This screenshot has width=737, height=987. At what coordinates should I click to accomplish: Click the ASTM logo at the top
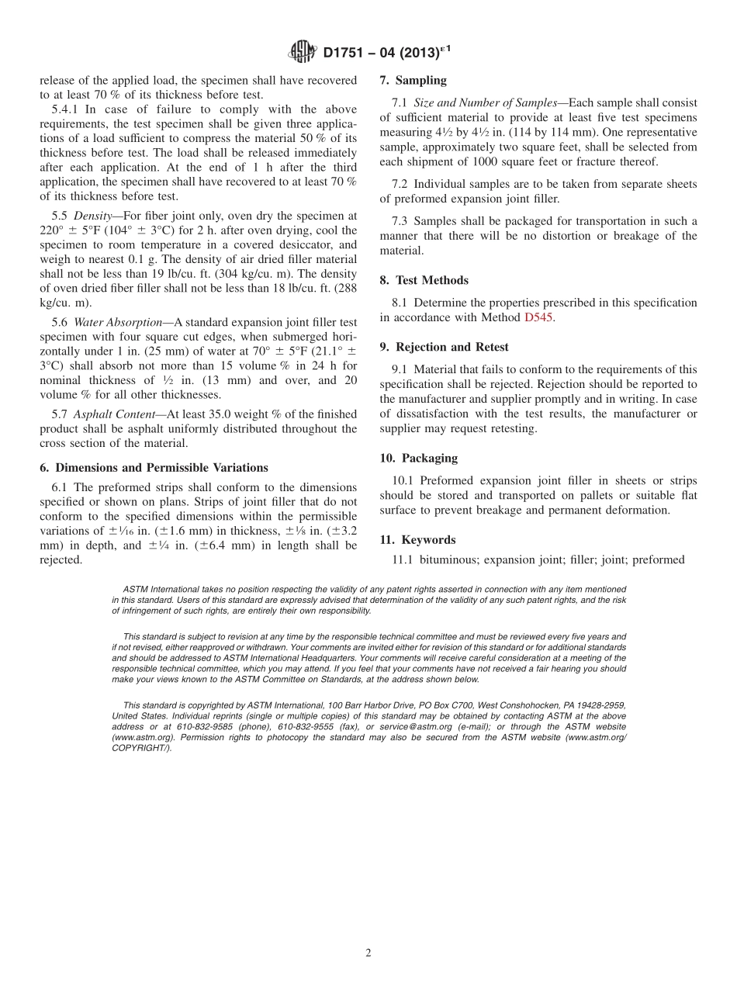coord(302,52)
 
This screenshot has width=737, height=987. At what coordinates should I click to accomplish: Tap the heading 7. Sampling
coord(413,80)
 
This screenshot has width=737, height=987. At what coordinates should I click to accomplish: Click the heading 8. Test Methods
coord(424,280)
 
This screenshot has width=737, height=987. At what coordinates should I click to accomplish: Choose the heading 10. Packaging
coord(418,458)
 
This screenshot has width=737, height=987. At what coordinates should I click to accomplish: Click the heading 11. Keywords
coord(417,539)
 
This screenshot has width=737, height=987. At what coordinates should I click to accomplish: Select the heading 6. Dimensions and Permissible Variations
coord(154,467)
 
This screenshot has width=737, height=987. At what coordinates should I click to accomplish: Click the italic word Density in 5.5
coord(92,216)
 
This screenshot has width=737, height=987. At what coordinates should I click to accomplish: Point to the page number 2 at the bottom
coord(368,954)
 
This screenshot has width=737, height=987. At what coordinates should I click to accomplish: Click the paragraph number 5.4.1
coord(64,109)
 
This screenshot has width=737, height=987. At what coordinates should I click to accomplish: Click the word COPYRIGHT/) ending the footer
coord(141,748)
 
